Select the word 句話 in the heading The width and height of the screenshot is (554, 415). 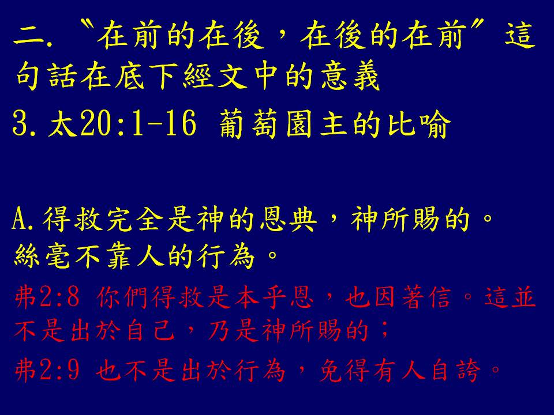point(46,76)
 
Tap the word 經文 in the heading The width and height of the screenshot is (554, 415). point(215,76)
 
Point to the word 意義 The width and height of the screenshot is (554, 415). point(350,76)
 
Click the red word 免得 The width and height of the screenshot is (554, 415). point(345,370)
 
